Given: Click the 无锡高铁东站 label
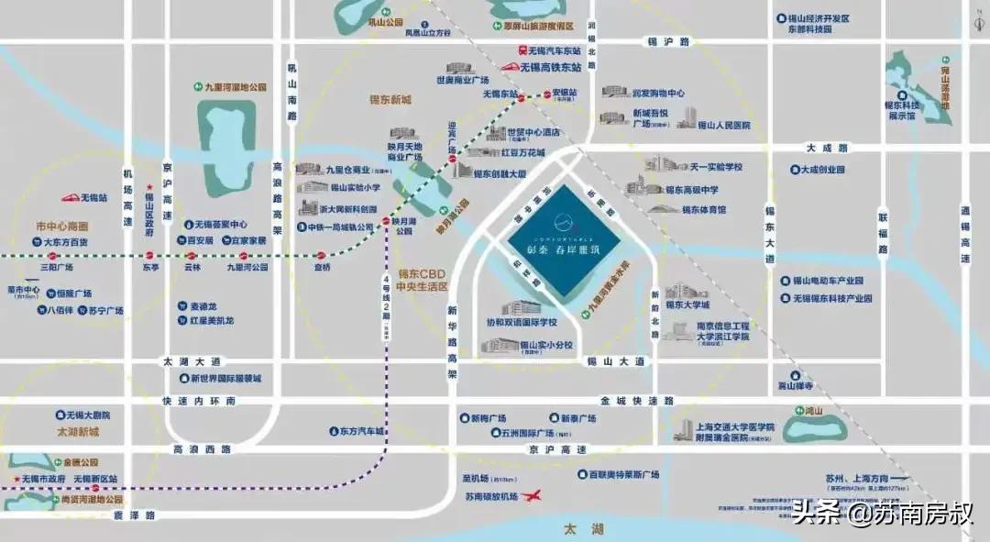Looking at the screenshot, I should [552, 67].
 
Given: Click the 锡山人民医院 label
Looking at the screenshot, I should [724, 125].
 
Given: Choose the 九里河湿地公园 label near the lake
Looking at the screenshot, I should [235, 87].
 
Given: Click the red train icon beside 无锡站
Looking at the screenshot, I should [70, 197].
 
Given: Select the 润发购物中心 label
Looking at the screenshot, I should [658, 94].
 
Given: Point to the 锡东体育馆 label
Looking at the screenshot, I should [703, 209].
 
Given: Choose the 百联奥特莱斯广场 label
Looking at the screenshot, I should [623, 474].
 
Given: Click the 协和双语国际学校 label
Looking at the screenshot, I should [521, 323].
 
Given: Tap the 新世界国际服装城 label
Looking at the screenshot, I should [225, 378].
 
